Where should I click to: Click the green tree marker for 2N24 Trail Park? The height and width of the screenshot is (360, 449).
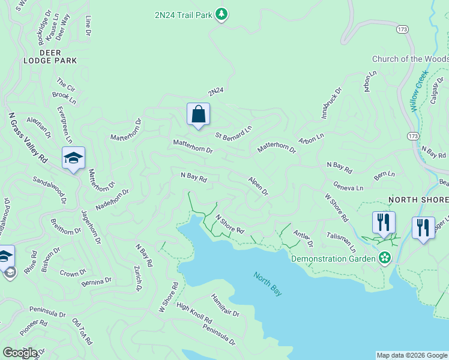pos(221,14)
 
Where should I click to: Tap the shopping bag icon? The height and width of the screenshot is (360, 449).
pos(198,114)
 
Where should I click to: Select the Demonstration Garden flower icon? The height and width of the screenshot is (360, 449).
pos(384,259)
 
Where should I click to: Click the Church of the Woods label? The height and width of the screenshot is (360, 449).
pos(410,59)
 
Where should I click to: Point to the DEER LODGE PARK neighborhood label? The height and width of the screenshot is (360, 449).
pos(50,56)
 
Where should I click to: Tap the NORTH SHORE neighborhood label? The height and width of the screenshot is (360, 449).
pos(418,199)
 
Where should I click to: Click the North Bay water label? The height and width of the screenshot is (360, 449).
pos(268,284)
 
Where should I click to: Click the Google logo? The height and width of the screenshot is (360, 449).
pos(20,353)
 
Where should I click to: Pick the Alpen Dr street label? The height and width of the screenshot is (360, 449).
pos(258,185)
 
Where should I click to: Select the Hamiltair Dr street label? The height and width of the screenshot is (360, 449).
pos(225,305)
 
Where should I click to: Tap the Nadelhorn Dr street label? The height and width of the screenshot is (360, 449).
pos(112,199)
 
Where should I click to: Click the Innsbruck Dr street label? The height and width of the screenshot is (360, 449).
pos(331,103)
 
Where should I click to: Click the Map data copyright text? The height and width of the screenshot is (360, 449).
pos(412,355)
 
